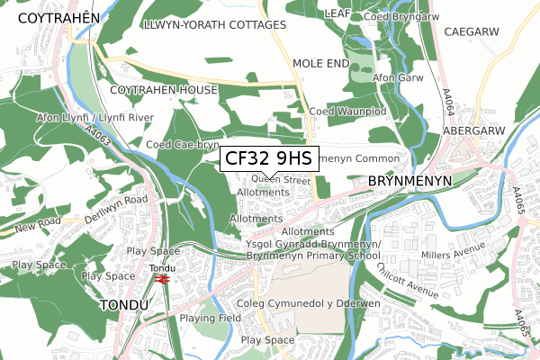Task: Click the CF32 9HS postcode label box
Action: [268, 159]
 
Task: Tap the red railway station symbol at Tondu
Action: [162, 280]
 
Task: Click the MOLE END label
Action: [319, 64]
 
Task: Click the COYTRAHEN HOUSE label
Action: [164, 91]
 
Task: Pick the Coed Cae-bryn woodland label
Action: [183, 144]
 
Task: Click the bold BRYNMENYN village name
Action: [408, 181]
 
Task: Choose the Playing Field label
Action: [210, 319]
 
